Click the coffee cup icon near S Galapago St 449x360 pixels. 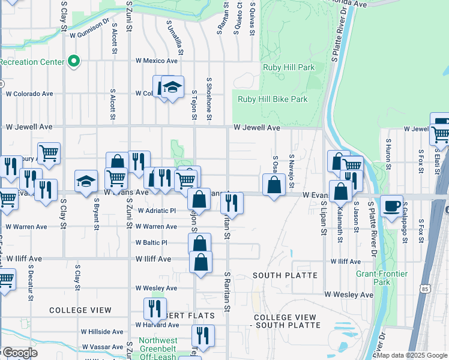[392, 206]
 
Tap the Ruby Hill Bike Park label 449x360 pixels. [273, 99]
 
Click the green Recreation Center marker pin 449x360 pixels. [74, 61]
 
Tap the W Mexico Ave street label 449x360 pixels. [157, 61]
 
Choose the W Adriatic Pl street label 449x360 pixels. [156, 211]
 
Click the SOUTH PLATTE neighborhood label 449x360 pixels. [285, 275]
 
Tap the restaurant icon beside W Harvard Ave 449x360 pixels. [155, 309]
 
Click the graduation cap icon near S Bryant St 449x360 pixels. [86, 181]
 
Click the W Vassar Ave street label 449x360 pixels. [104, 347]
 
